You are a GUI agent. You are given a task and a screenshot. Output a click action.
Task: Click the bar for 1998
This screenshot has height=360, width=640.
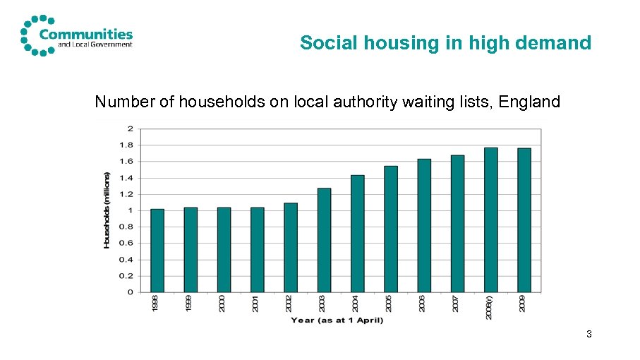point(157,250)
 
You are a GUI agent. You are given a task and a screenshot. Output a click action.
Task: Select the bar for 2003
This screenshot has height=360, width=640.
point(325,240)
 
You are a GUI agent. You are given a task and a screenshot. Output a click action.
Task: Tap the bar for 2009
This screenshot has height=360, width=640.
point(524,220)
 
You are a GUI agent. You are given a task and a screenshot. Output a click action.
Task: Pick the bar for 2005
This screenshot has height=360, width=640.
point(391,229)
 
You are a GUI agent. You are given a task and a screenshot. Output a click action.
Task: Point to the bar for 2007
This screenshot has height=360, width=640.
point(458,223)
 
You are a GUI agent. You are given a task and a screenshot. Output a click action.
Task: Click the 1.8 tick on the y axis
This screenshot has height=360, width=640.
point(129,145)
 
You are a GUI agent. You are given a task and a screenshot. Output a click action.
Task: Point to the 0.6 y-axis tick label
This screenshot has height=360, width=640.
point(129,243)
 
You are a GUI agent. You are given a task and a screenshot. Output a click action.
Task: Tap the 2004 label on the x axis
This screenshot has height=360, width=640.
point(356,304)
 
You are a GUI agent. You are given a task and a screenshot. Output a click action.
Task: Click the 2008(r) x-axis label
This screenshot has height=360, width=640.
point(489,307)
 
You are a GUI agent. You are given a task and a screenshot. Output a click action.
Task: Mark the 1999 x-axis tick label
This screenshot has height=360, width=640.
point(188,304)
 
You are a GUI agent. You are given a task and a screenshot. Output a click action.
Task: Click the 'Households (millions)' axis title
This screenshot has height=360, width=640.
point(107,210)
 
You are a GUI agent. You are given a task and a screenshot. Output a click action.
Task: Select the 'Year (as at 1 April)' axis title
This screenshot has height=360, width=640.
point(337,321)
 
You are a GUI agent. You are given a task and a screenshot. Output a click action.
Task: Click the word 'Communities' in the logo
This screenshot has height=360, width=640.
point(86,33)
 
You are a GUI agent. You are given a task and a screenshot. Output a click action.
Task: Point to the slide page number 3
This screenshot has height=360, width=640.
point(588,333)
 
